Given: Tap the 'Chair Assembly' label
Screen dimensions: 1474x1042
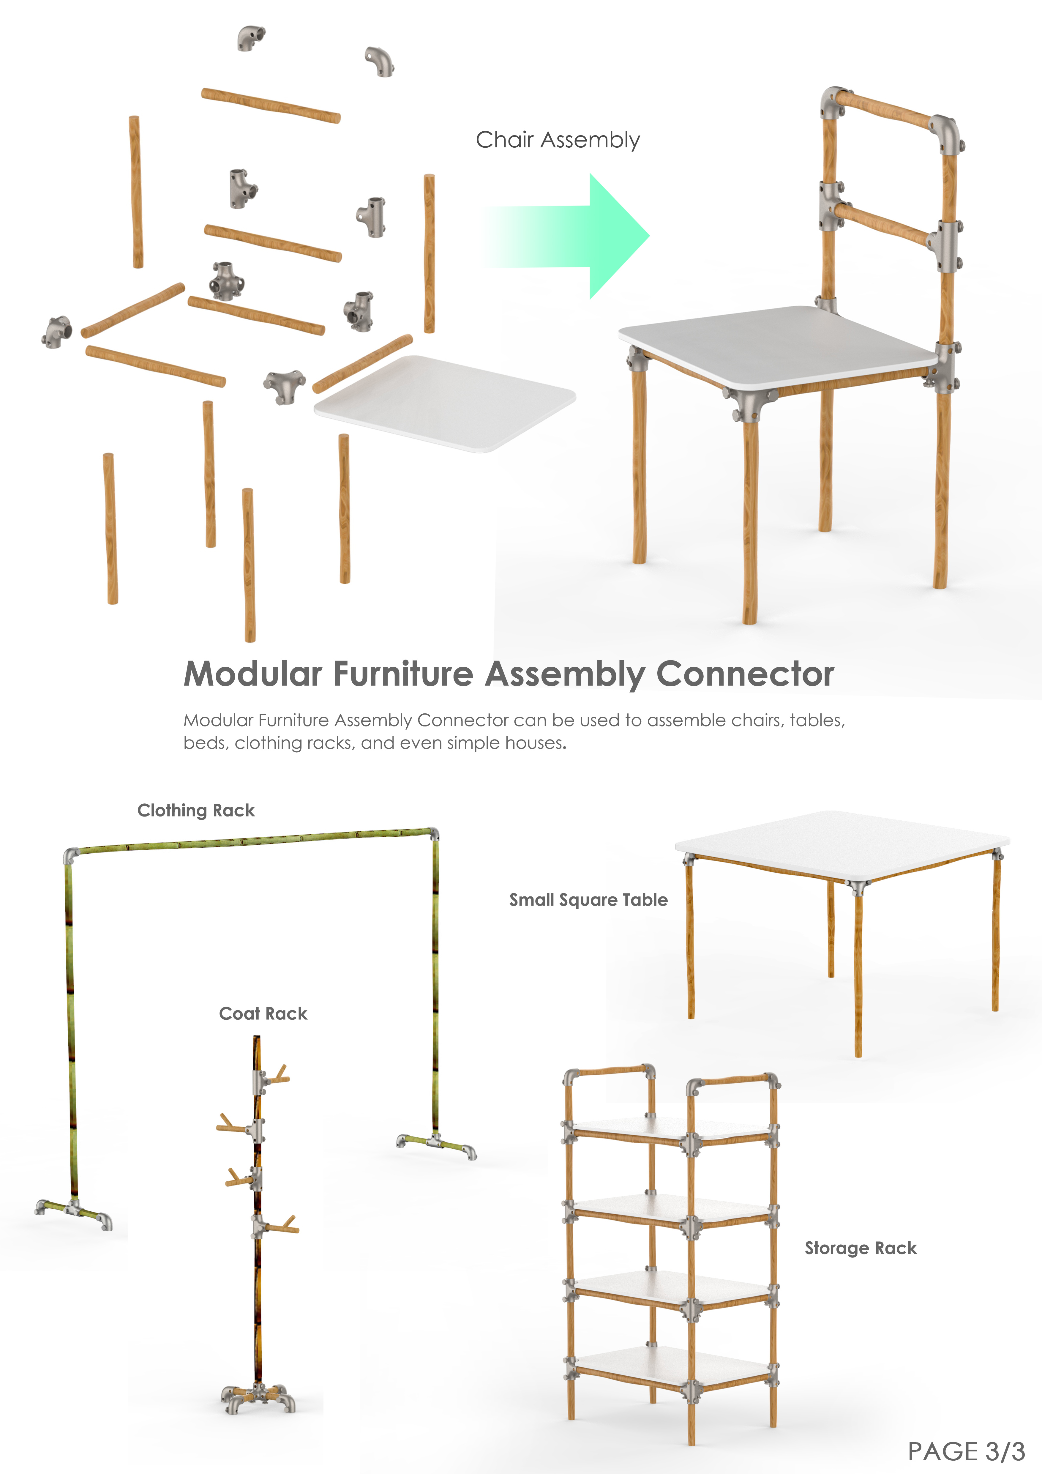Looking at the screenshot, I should click(x=558, y=140).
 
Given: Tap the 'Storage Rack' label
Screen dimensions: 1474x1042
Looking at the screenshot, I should click(x=861, y=1248).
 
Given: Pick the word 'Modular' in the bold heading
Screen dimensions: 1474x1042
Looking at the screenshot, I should click(x=253, y=674).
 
